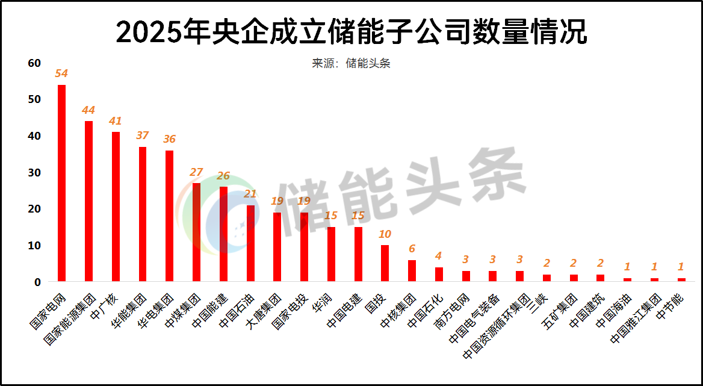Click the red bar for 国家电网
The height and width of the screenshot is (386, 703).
point(61,183)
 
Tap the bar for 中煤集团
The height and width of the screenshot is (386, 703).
point(196,232)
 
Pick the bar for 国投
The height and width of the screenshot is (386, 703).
point(385,263)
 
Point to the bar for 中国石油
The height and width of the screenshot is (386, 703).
point(250,243)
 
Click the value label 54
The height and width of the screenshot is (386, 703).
point(61,73)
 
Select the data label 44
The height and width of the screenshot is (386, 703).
point(88,110)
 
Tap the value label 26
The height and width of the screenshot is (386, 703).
point(223,176)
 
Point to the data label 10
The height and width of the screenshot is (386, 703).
point(385,234)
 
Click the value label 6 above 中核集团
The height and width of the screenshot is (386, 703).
point(412,249)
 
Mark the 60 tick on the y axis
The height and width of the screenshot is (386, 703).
point(34,63)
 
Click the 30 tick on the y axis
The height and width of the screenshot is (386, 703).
point(34,173)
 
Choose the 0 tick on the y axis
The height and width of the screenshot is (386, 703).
point(37,282)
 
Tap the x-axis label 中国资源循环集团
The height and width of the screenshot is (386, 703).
point(497,325)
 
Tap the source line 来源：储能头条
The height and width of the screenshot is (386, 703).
point(351,63)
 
